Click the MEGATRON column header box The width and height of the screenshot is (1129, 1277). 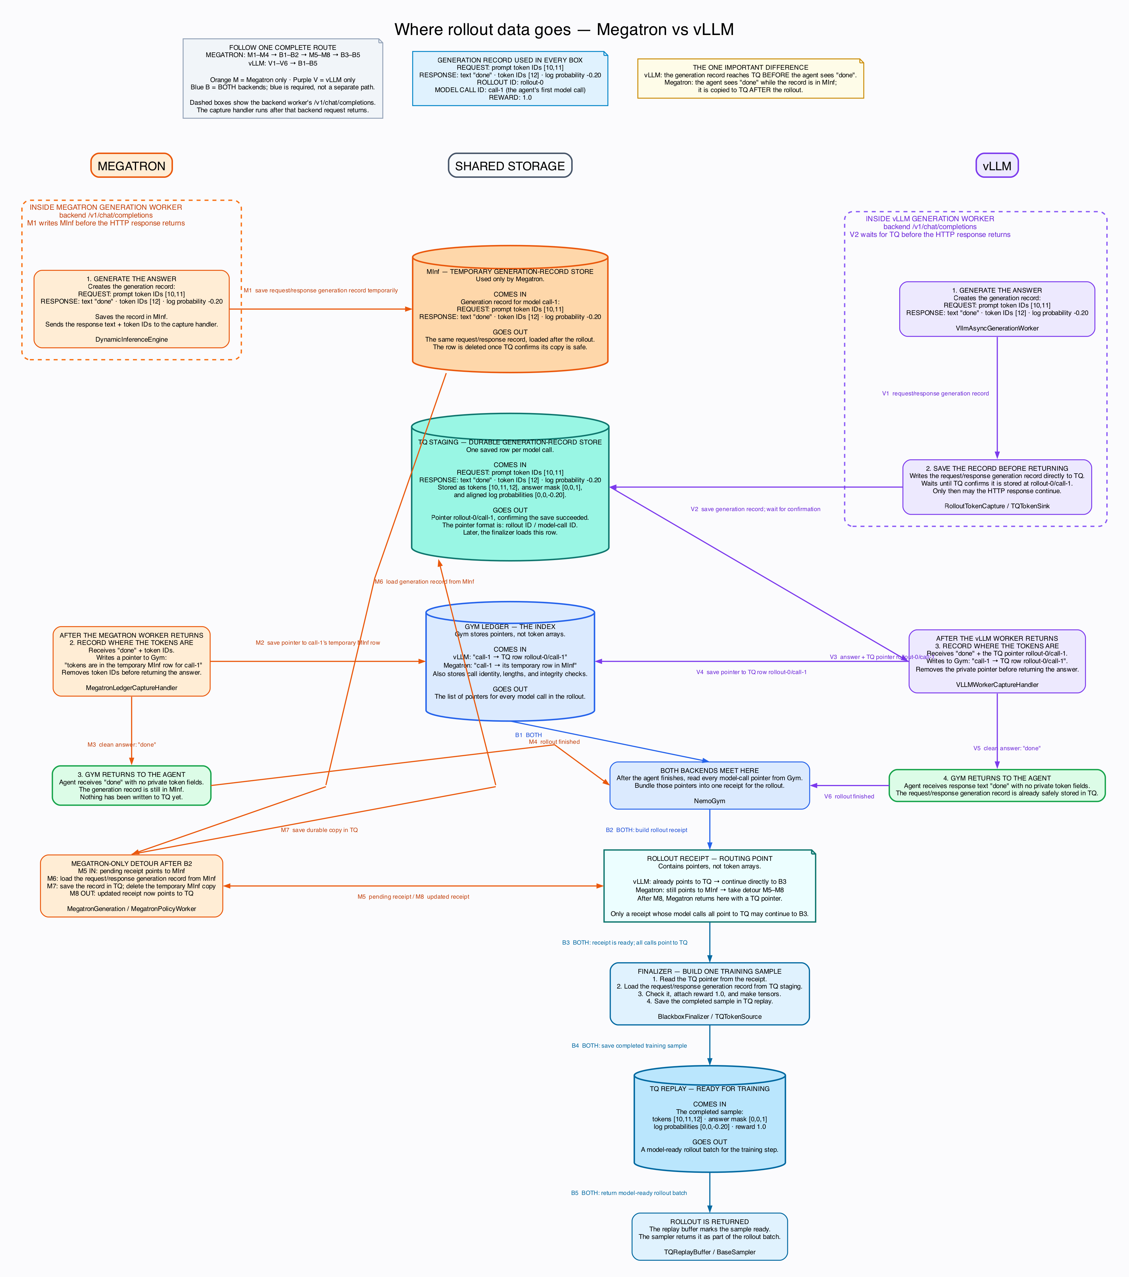[131, 166]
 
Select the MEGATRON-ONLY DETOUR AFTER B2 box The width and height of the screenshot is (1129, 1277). [131, 886]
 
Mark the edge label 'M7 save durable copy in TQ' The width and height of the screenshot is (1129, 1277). [319, 830]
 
